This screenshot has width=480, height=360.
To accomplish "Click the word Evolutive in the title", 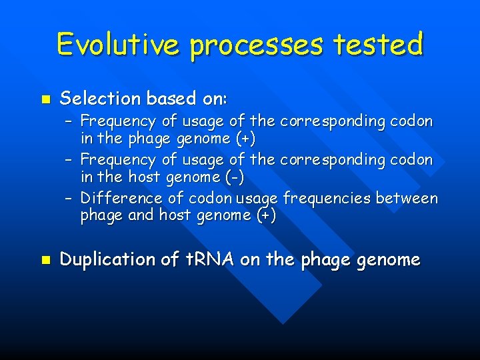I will coord(118,44).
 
